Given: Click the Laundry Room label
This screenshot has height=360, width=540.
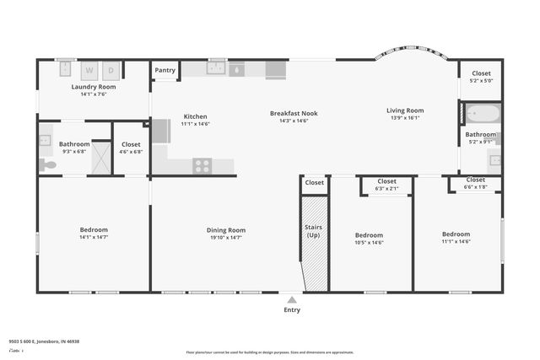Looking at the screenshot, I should [x=94, y=87].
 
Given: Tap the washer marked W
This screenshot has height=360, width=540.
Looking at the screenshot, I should [x=89, y=70].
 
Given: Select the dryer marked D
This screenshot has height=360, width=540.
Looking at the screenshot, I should [x=111, y=70].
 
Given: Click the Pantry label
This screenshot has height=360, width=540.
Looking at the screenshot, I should [x=165, y=71].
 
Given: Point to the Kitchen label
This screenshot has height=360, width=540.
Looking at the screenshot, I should [x=195, y=116].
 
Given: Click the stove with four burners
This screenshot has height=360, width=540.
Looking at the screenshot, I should [x=202, y=165].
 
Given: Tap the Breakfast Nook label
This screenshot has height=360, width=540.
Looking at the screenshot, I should [x=294, y=113].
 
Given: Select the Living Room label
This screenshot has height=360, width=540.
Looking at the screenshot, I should [x=405, y=110].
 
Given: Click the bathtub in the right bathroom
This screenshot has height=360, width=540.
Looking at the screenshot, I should [x=483, y=113].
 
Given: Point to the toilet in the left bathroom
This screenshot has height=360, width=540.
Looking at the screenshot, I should [x=48, y=164].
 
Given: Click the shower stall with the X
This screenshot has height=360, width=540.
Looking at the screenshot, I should [x=101, y=158].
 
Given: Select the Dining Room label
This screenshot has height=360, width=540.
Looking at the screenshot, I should [x=226, y=230].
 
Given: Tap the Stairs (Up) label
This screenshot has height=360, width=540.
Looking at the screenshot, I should [x=313, y=231].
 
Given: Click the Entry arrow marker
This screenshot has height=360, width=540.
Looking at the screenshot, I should [x=291, y=299].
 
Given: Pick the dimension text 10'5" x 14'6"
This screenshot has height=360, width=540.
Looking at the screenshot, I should [x=369, y=243].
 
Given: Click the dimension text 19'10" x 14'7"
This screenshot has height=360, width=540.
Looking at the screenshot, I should [x=226, y=238].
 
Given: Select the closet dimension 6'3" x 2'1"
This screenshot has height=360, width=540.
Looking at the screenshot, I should [x=386, y=188].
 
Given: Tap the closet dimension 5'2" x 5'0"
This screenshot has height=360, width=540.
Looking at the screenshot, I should [x=481, y=81].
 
